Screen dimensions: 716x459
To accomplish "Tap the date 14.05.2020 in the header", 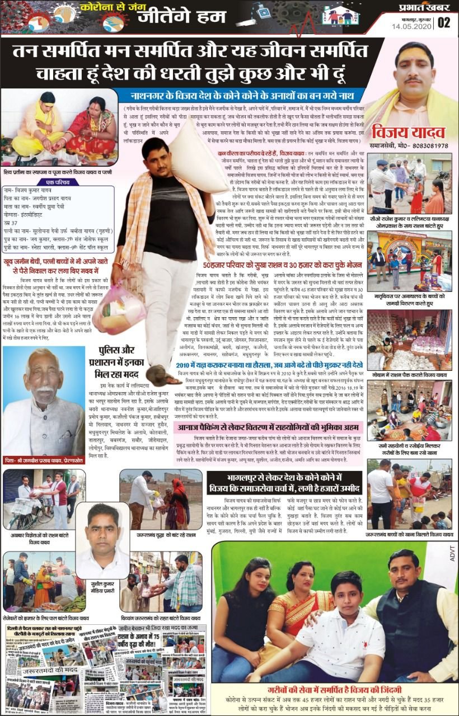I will tap(413, 26).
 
